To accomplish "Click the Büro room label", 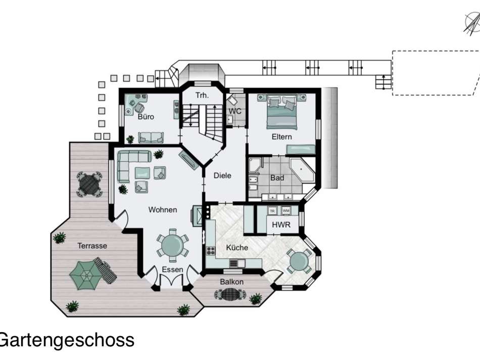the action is [146, 117].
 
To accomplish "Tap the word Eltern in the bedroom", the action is [281, 137].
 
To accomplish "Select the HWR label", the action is [281, 224].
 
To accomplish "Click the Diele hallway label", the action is [222, 175].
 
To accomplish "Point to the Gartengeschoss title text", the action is [66, 340].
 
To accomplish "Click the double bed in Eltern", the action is [282, 112].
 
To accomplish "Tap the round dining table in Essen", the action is [173, 245].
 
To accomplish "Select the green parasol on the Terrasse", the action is [85, 275].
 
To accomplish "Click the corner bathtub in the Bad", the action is [302, 170].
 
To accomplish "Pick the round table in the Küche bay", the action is [299, 261].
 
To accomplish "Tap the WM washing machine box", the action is [286, 211].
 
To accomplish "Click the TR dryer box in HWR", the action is [272, 211].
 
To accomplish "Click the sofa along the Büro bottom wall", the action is [151, 138].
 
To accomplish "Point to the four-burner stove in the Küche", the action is [210, 251].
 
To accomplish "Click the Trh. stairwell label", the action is [202, 95].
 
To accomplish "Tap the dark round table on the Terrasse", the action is [89, 184].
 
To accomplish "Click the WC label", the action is [235, 111].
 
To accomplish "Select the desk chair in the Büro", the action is [139, 108].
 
